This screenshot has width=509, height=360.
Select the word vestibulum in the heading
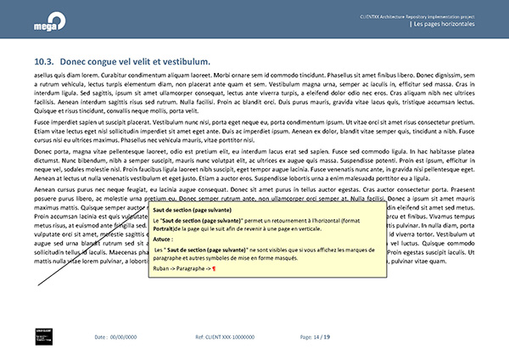[x=179, y=63]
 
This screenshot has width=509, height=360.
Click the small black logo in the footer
[x=45, y=336]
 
